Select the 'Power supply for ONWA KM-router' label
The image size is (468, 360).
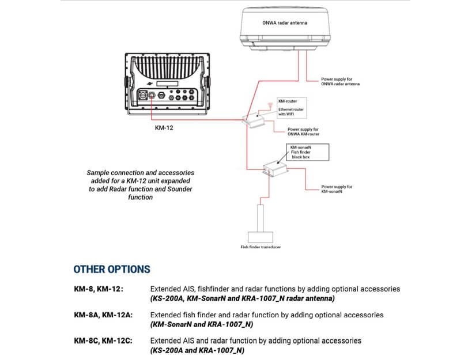[x=303, y=131]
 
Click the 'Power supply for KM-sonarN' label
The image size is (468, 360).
[x=337, y=189]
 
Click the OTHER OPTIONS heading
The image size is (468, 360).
[x=112, y=269]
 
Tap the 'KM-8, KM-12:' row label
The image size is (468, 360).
[x=99, y=289]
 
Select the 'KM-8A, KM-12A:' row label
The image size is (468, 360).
[x=103, y=315]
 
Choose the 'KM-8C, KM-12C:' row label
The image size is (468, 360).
[x=103, y=341]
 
